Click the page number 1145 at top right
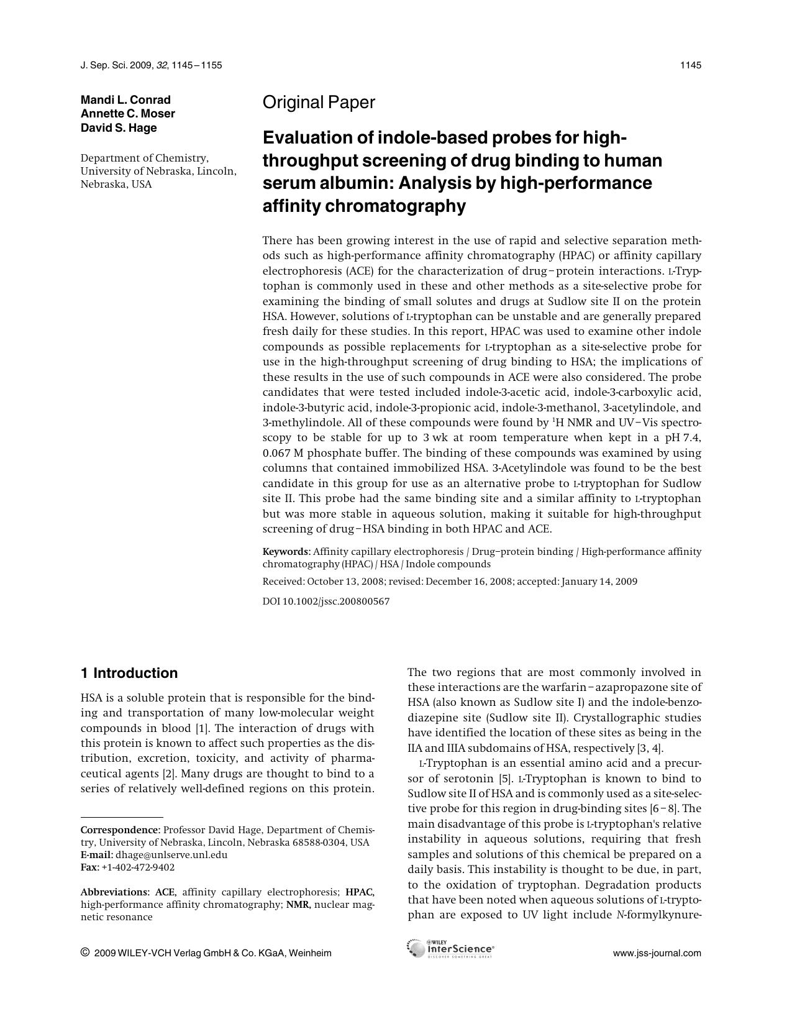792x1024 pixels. click(x=691, y=65)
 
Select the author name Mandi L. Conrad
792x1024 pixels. click(x=125, y=100)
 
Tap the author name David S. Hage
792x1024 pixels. click(x=119, y=128)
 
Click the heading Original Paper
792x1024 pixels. click(x=319, y=103)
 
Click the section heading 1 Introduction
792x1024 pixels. click(x=129, y=674)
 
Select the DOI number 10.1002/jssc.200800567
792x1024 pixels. click(x=336, y=601)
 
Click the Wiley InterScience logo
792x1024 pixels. click(x=451, y=949)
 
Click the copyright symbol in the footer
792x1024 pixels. click(x=85, y=953)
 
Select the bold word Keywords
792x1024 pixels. click(x=285, y=552)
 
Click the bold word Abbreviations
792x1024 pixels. click(x=115, y=892)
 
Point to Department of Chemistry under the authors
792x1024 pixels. click(x=144, y=158)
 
